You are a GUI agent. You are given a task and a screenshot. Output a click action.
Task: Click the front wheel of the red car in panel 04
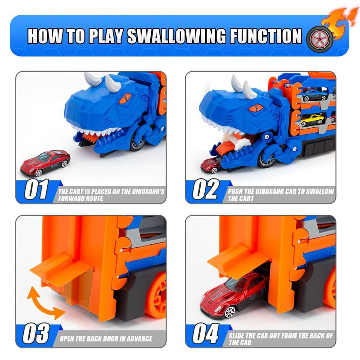(x=230, y=310)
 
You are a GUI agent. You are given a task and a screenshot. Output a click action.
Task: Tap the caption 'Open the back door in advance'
(x=106, y=338)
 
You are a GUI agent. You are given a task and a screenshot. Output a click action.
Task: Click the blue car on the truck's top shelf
(x=313, y=95)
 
